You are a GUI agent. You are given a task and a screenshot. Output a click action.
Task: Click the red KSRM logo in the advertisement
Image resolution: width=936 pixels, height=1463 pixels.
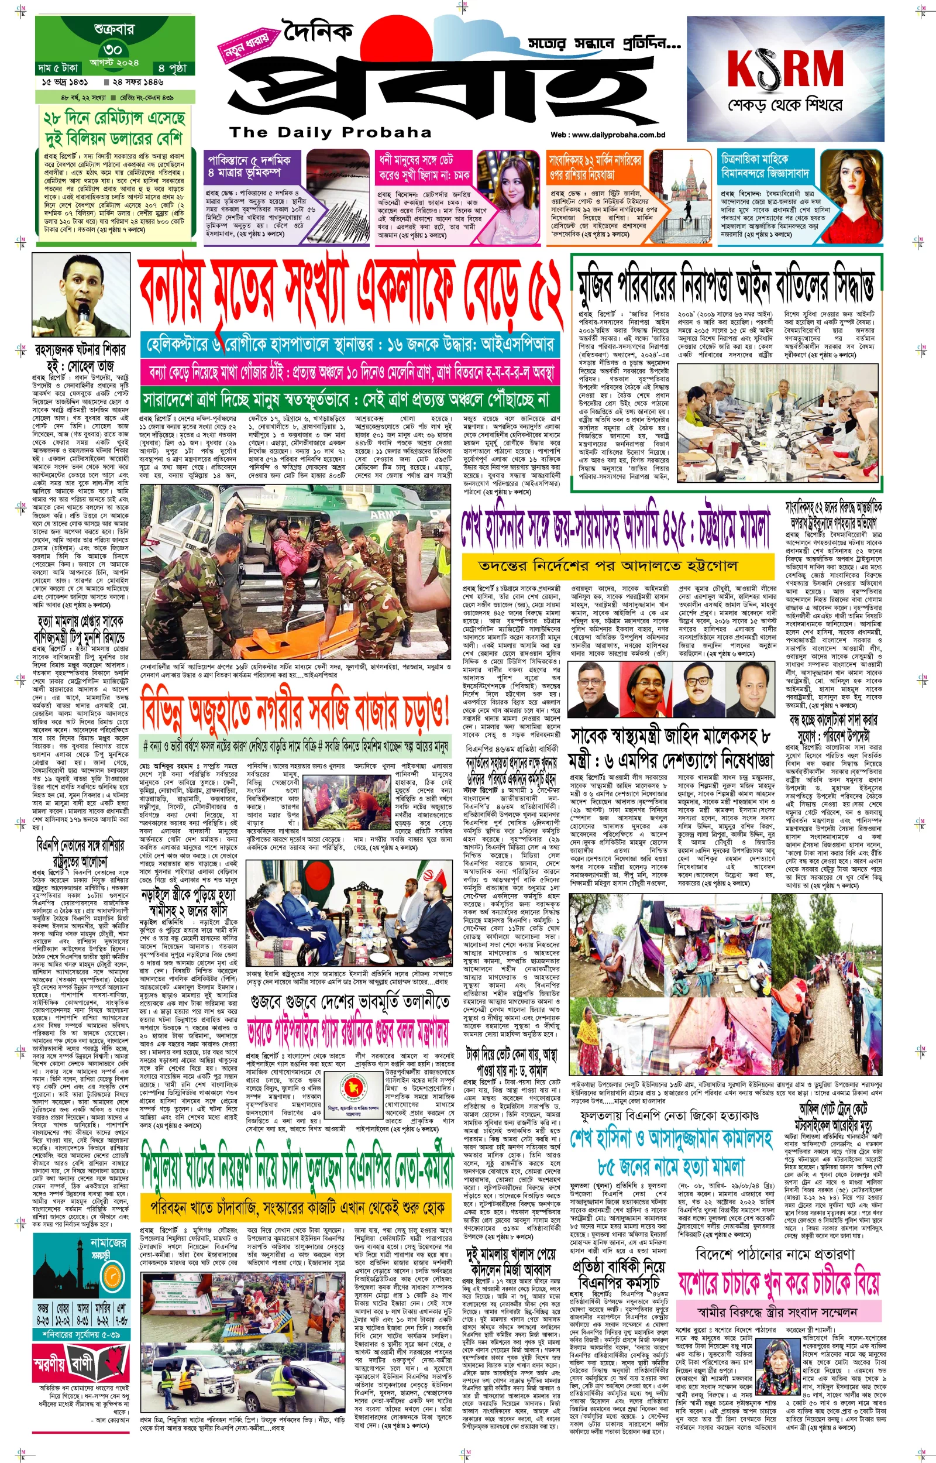tap(784, 69)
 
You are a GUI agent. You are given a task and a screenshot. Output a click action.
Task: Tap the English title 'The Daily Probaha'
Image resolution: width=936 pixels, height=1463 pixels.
tap(330, 132)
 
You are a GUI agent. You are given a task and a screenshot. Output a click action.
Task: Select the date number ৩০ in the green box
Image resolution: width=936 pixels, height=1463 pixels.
tap(113, 49)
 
